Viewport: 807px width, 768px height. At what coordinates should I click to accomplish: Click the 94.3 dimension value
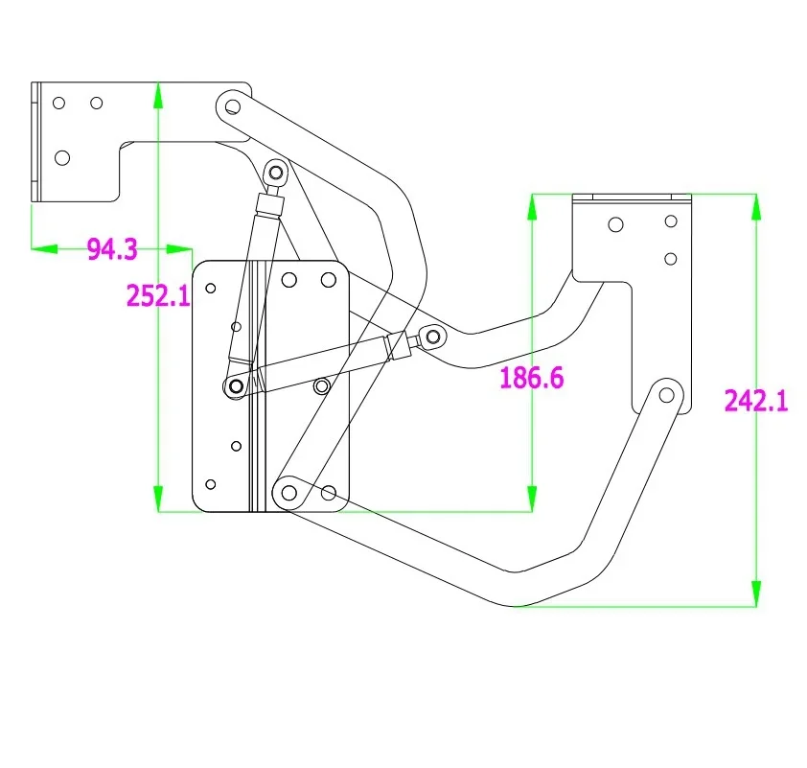coord(112,249)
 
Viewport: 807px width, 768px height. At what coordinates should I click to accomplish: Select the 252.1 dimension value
coord(158,296)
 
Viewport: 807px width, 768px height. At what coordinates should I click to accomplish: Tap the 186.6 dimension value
coord(532,378)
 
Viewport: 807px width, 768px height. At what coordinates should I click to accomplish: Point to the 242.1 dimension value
coord(756,401)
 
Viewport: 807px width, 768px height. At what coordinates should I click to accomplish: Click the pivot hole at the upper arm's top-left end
coord(233,107)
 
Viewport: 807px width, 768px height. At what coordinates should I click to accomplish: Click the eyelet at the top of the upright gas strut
coord(276,172)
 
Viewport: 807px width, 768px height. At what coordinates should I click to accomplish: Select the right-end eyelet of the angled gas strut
coord(433,337)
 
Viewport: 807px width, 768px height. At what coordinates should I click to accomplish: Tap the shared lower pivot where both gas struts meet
coord(236,386)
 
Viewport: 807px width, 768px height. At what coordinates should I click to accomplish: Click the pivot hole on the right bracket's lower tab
coord(666,395)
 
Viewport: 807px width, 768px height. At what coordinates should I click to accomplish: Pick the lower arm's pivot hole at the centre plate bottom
coord(289,493)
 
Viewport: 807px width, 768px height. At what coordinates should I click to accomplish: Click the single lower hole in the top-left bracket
coord(62,157)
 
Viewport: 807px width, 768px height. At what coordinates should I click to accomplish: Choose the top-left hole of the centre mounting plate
coord(211,289)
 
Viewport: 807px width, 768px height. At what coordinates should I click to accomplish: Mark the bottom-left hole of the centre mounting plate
coord(211,484)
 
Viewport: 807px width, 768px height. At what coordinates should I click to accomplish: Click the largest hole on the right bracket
coord(615,224)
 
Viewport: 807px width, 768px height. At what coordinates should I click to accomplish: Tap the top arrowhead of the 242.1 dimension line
coord(756,207)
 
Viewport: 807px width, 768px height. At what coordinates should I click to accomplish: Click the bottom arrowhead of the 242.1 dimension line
coord(756,593)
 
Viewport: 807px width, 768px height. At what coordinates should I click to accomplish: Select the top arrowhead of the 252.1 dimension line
coord(158,95)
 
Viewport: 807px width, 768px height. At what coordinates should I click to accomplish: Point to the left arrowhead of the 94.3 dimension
coord(44,249)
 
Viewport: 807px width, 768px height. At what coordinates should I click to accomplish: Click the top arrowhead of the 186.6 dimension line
coord(532,207)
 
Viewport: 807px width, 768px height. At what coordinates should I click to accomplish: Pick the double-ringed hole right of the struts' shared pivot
coord(322,386)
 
